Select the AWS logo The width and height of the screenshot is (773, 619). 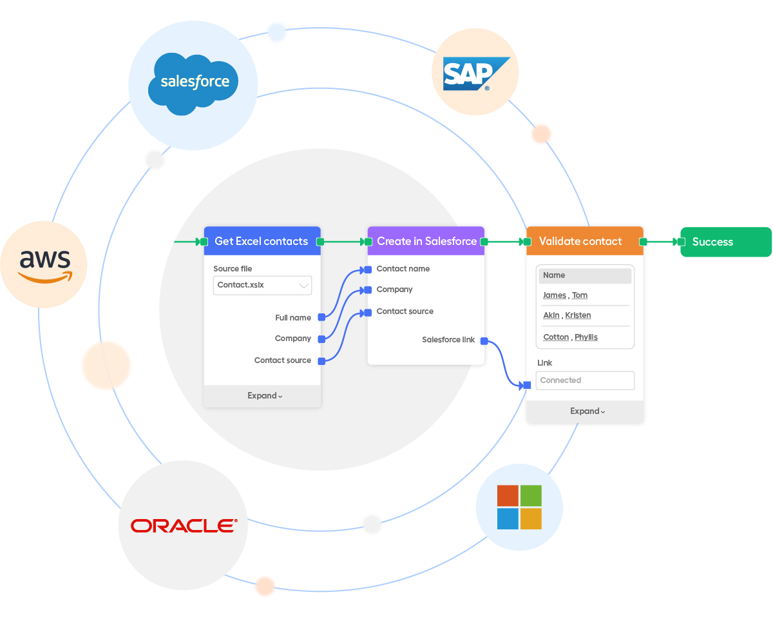click(44, 264)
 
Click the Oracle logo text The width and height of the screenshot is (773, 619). click(183, 526)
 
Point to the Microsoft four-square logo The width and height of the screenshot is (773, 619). click(519, 507)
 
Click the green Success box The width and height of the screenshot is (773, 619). click(725, 242)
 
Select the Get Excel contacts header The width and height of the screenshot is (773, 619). click(262, 241)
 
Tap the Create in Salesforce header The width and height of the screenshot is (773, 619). click(426, 241)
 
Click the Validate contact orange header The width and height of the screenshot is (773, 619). click(580, 241)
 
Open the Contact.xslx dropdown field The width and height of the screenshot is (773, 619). click(262, 285)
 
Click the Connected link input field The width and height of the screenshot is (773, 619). click(585, 380)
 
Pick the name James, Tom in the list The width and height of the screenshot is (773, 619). click(565, 295)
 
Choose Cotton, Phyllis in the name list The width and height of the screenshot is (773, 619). click(570, 337)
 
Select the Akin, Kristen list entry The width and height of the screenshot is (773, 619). click(567, 315)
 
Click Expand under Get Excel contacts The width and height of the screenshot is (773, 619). click(265, 396)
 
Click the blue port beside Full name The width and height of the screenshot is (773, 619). click(321, 318)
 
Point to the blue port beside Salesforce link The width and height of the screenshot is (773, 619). click(484, 340)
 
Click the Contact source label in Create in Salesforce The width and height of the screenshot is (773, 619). click(405, 311)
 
